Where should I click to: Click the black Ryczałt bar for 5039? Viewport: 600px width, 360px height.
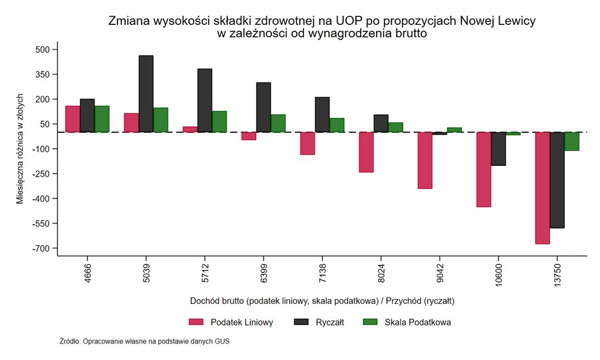point(146,94)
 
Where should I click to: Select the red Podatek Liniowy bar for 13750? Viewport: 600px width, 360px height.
point(543,188)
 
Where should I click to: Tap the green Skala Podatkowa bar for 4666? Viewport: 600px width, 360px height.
point(102,119)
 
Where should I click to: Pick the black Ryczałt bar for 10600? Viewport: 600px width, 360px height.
point(499,149)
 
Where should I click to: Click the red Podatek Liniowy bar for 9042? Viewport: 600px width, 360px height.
point(425,160)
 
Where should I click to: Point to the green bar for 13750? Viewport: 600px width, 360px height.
point(571,141)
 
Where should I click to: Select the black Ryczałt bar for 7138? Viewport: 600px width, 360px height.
point(322,115)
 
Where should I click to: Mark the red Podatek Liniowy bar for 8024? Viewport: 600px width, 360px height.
point(366,152)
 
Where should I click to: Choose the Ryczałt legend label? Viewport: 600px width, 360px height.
point(330,322)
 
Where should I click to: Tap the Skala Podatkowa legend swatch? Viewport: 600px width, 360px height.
point(371,322)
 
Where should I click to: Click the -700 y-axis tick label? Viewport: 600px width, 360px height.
point(45,248)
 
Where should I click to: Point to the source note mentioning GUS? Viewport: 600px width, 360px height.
point(144,341)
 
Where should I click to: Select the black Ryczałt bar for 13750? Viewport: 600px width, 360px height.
point(557,180)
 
